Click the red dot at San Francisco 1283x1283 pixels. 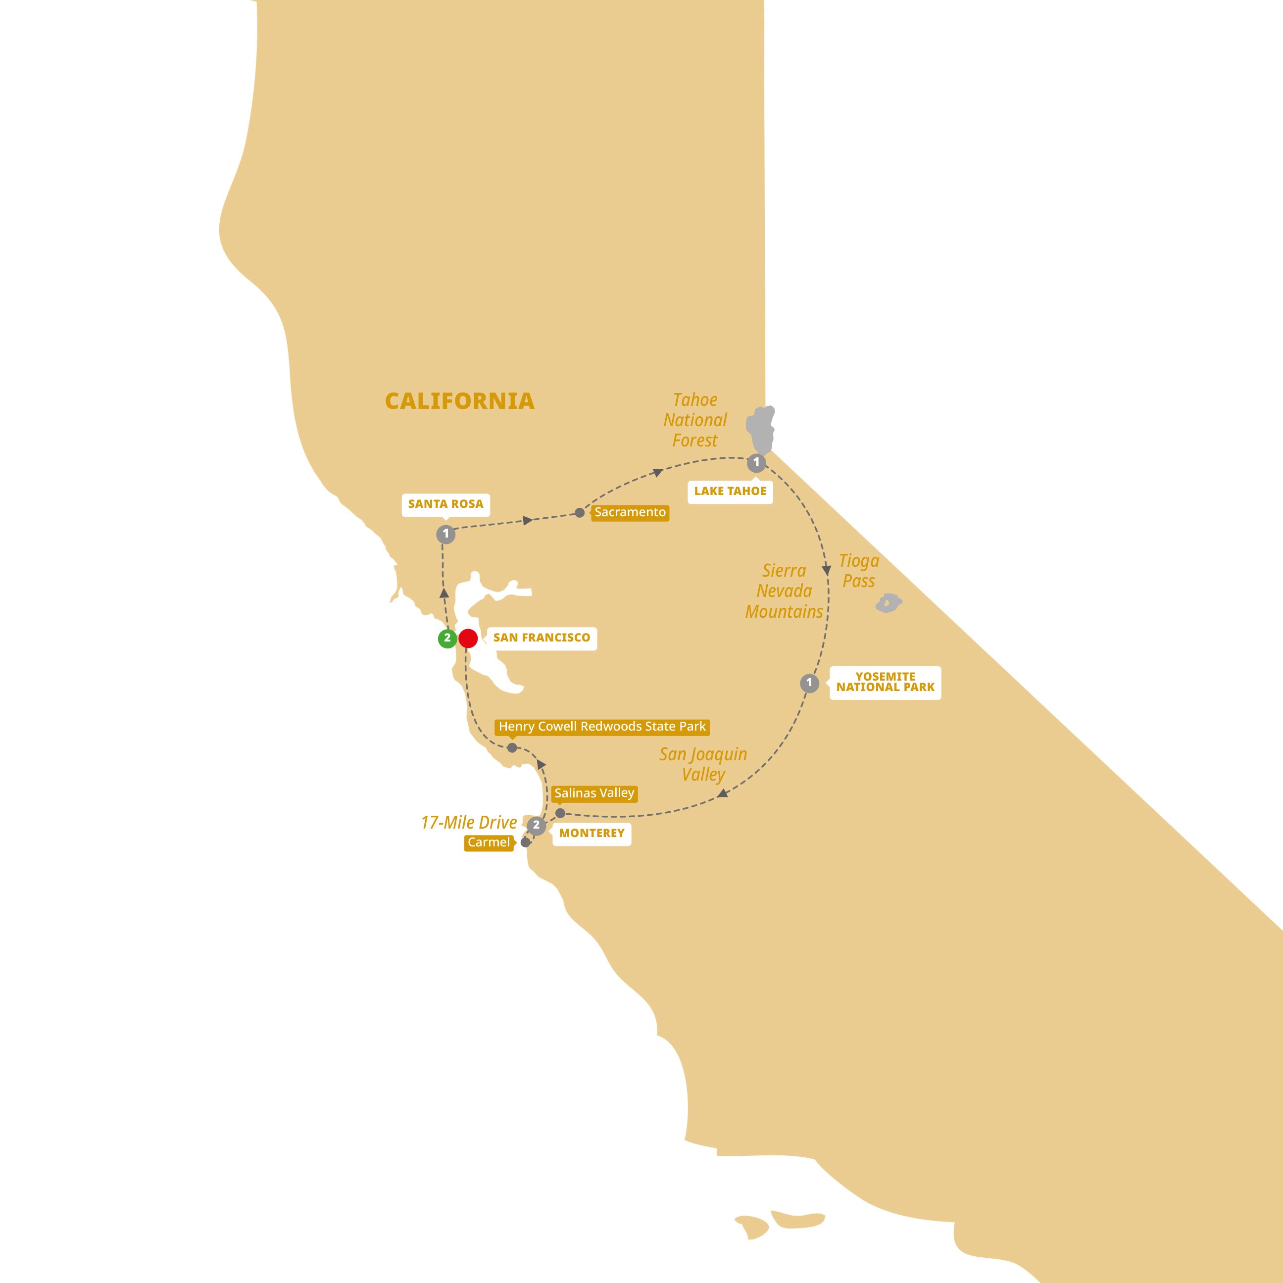click(x=468, y=638)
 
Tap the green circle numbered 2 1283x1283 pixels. click(x=447, y=638)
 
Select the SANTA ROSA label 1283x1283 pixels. click(x=445, y=504)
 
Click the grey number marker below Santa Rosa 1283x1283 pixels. click(x=445, y=534)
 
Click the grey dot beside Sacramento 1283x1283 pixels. click(x=580, y=513)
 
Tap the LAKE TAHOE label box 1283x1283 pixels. click(x=730, y=492)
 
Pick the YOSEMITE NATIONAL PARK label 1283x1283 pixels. click(x=885, y=682)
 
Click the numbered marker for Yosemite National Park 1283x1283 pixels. click(x=809, y=683)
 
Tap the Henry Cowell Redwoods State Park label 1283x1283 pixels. click(x=602, y=727)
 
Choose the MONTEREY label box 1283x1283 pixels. click(x=592, y=834)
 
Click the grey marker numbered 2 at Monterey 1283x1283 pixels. click(x=537, y=826)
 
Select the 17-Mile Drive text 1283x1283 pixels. click(x=469, y=823)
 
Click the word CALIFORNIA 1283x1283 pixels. click(x=459, y=401)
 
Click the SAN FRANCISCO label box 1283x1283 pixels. click(x=541, y=638)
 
